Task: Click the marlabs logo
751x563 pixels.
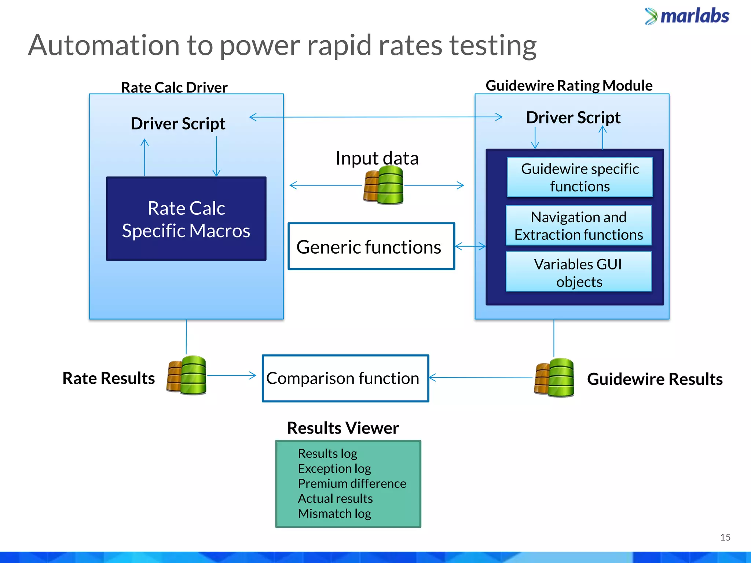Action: [687, 16]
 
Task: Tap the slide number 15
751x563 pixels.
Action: [725, 537]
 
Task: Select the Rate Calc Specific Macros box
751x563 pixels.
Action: [186, 219]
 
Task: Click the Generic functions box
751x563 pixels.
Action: [371, 247]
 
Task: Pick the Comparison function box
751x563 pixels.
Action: [345, 378]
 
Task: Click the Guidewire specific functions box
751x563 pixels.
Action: [580, 177]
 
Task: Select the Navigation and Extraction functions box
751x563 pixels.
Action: [579, 225]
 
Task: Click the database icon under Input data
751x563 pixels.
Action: [384, 185]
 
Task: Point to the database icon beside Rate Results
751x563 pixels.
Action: [187, 375]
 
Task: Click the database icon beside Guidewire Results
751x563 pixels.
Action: [554, 378]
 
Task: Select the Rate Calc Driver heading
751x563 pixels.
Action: [174, 88]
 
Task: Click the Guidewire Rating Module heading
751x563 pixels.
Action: [569, 85]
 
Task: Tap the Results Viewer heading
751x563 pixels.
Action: [342, 428]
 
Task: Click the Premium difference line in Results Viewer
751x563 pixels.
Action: [352, 483]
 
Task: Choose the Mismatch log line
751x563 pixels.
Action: [334, 514]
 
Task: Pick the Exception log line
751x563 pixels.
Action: [334, 468]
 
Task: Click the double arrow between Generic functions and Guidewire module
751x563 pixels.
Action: [470, 247]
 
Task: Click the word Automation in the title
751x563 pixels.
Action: [104, 45]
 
